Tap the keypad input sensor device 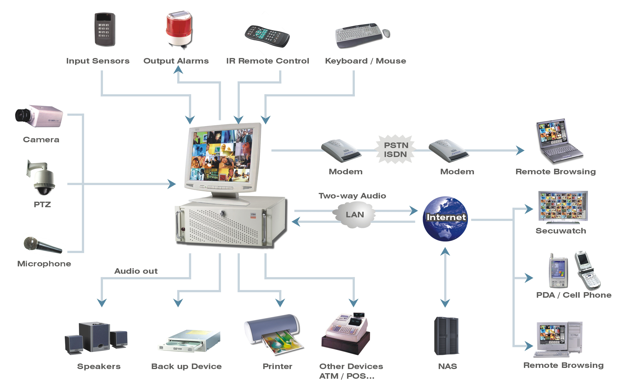coord(105,29)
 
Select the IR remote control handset coord(267,36)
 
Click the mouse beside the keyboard coord(386,33)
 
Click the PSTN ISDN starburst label coord(396,150)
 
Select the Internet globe coord(445,219)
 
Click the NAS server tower coord(446,336)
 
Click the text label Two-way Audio coord(352,196)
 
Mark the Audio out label coord(136,271)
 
